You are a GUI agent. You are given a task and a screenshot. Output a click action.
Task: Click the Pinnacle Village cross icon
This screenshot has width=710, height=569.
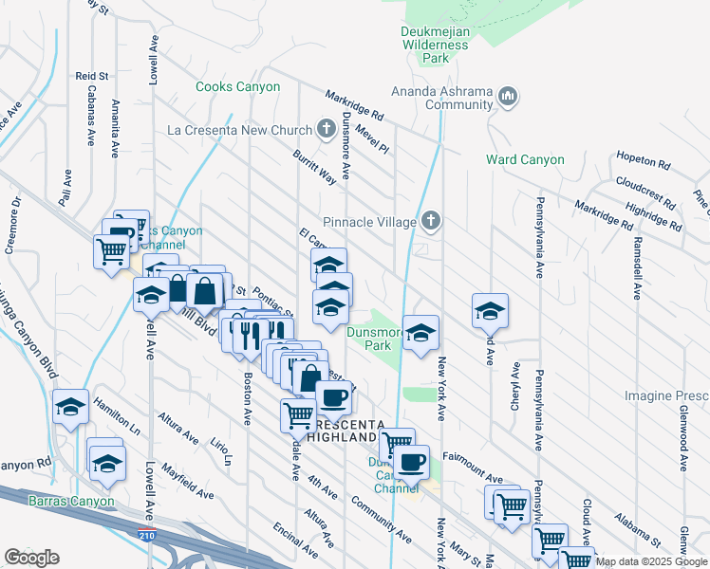coord(431,222)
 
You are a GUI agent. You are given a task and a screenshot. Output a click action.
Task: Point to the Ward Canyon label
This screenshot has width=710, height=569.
coord(525,160)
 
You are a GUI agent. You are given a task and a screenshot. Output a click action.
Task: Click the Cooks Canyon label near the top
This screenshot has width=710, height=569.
coord(237,87)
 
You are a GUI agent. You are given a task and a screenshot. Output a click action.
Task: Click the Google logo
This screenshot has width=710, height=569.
coord(31,558)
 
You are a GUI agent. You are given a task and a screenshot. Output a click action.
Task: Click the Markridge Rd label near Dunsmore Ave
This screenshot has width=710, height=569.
coord(353,104)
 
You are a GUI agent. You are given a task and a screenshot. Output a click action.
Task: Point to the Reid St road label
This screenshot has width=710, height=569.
coord(93,75)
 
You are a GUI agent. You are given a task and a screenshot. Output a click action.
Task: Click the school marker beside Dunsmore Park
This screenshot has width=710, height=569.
coord(420,333)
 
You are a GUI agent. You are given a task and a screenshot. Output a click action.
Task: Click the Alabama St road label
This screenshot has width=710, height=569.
coord(637,530)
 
